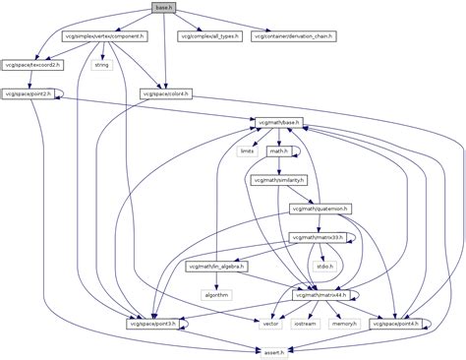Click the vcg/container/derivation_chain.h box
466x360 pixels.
click(x=294, y=36)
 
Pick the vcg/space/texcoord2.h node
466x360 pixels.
click(x=31, y=65)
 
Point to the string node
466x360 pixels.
click(x=99, y=65)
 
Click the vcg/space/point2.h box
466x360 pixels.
click(x=27, y=93)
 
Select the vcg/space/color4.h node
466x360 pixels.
click(x=166, y=93)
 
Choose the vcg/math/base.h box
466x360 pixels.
click(x=279, y=123)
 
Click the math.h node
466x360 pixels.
click(x=278, y=151)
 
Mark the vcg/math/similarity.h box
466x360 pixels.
click(x=279, y=180)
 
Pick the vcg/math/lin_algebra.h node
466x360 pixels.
click(x=215, y=266)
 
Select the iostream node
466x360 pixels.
click(x=306, y=323)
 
